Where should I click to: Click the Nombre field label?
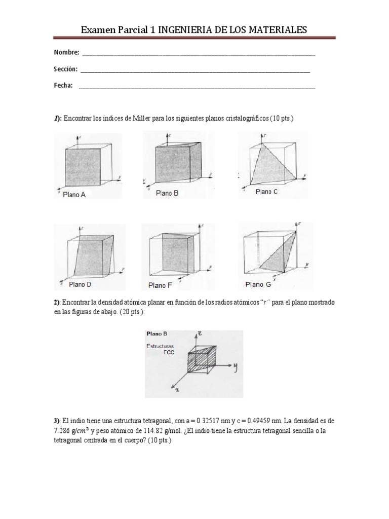coord(66,53)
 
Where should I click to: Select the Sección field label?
coord(66,69)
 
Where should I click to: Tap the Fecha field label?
coord(63,86)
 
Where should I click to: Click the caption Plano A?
coord(74,195)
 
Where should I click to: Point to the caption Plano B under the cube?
coord(167,193)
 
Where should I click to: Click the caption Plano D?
coord(80,285)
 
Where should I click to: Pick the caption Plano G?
coord(258,284)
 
